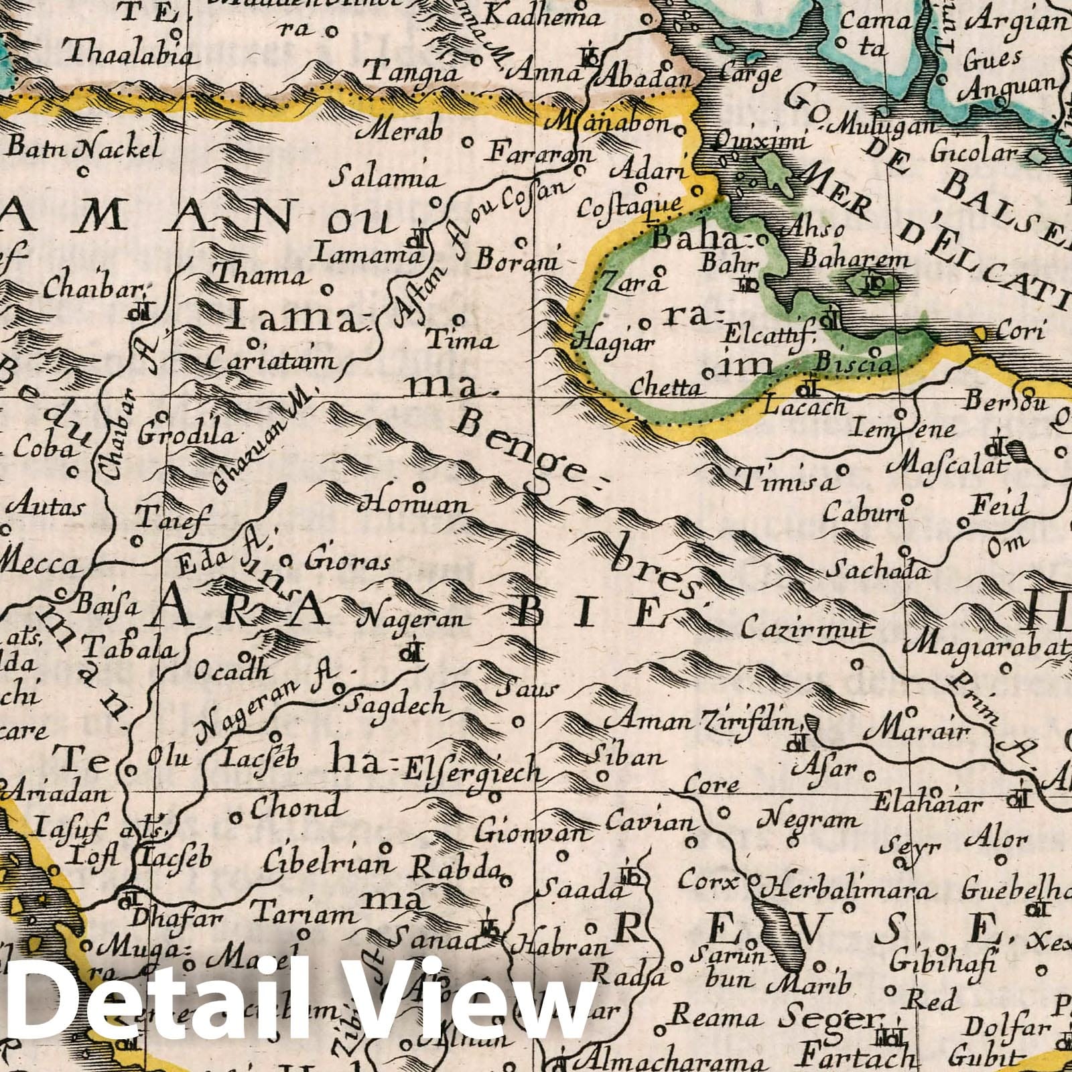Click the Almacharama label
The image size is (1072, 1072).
[670, 1061]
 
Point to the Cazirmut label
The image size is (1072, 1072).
[807, 630]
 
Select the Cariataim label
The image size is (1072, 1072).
[270, 361]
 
